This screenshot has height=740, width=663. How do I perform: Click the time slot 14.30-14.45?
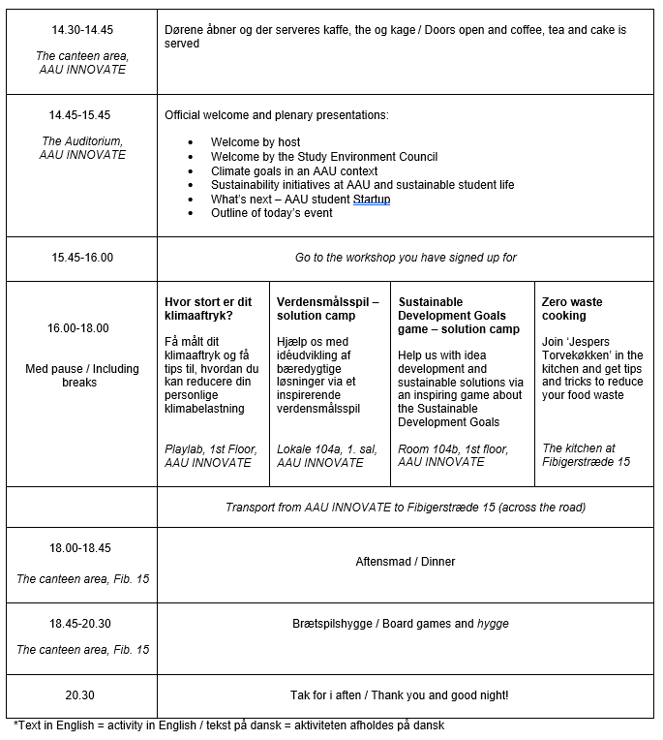[x=82, y=30]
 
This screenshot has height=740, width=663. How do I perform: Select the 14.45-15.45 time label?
[x=82, y=115]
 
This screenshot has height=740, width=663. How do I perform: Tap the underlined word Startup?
[x=372, y=200]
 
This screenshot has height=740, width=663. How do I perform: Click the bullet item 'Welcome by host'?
[x=256, y=142]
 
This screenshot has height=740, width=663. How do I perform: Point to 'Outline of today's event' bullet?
[x=271, y=213]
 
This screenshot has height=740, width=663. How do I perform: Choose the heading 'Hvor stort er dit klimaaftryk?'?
[x=212, y=308]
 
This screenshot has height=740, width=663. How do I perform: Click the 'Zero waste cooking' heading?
[x=571, y=308]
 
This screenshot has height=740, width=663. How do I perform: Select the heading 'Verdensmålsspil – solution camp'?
[x=327, y=308]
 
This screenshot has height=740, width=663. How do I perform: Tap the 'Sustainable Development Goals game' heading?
[x=459, y=316]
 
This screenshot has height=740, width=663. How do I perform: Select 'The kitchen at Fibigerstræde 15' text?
[x=586, y=455]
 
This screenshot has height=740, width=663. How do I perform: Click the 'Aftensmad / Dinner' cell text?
[x=406, y=562]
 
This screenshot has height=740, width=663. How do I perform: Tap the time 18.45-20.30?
[x=82, y=624]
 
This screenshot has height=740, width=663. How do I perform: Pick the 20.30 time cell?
[x=82, y=695]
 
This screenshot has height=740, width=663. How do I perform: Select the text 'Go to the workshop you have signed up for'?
[x=406, y=258]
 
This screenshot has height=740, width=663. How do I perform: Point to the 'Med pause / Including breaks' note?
[x=82, y=375]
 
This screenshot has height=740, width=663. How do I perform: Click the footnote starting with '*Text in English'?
[x=229, y=725]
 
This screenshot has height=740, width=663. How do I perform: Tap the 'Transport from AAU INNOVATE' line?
[x=406, y=508]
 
